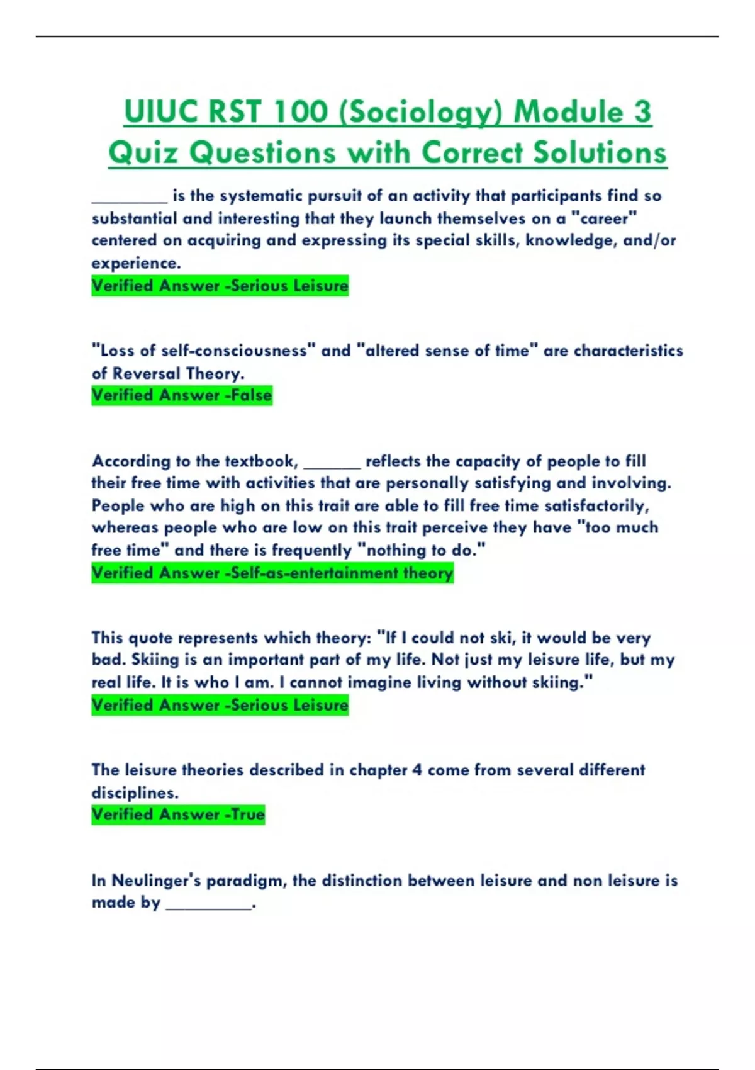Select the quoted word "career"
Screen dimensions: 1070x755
tap(604, 218)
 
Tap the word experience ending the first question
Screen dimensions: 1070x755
tap(135, 263)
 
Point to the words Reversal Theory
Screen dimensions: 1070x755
tap(178, 373)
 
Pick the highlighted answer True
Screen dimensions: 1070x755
tap(248, 814)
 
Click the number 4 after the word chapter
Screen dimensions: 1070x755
tap(417, 770)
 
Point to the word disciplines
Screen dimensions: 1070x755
tap(134, 792)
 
